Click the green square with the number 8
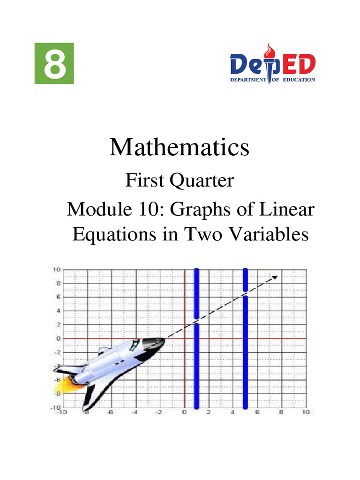(54, 64)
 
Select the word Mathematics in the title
(180, 148)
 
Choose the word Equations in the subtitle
(109, 234)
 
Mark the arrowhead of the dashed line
(276, 277)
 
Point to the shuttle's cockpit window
(135, 345)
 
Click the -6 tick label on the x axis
(109, 413)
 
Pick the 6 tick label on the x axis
(257, 413)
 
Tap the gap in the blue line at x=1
(196, 322)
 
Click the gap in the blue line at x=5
(245, 293)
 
